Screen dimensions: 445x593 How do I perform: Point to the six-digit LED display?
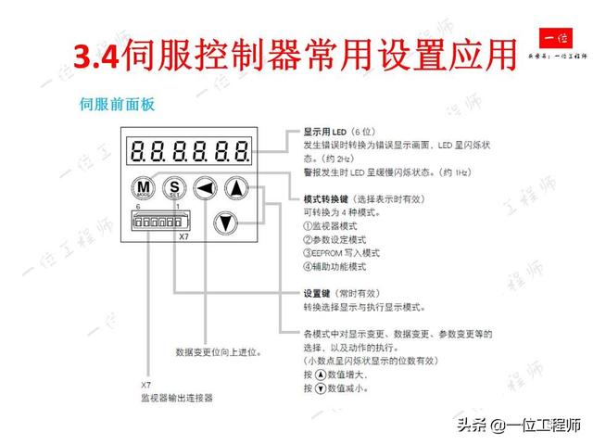pos(189,150)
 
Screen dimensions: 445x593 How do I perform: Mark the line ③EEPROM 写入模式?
pos(342,252)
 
